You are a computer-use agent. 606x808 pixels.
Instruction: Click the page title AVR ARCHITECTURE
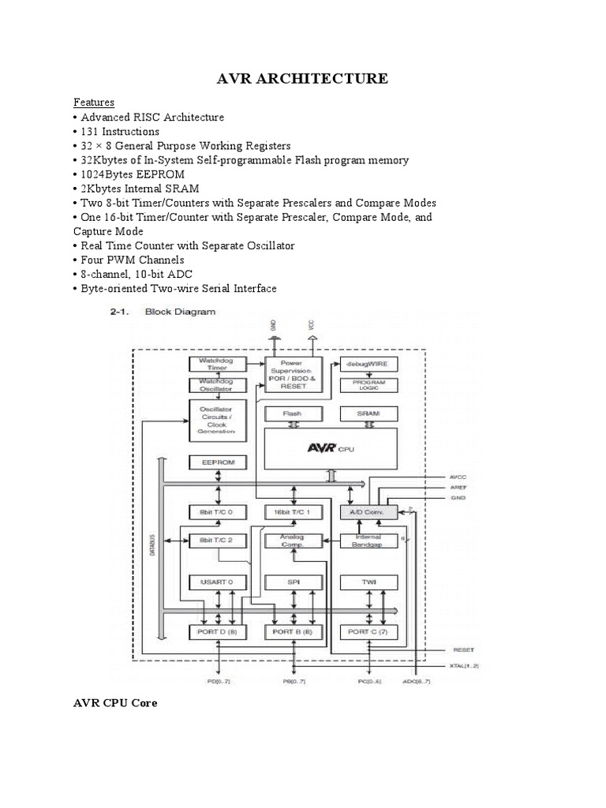click(x=303, y=78)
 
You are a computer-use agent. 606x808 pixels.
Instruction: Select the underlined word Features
click(x=94, y=103)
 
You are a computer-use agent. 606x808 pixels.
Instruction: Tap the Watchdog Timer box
click(x=217, y=365)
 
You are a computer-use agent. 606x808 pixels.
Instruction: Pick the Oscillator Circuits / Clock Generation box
click(x=217, y=420)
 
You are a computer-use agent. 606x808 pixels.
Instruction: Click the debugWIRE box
click(x=368, y=365)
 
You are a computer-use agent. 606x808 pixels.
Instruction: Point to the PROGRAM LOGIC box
click(x=368, y=386)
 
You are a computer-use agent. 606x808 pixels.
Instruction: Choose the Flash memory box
click(x=293, y=413)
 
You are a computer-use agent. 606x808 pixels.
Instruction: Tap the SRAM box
click(x=368, y=413)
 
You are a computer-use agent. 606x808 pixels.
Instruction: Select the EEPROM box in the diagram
click(x=217, y=462)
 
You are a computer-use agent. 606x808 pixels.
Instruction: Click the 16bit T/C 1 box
click(x=293, y=511)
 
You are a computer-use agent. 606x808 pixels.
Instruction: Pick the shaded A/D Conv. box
click(x=368, y=511)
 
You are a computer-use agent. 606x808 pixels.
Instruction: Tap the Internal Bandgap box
click(x=368, y=541)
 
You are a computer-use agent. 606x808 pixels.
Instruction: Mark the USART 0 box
click(x=217, y=583)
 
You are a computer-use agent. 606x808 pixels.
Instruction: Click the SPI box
click(x=293, y=583)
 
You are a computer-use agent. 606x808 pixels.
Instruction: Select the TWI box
click(x=368, y=583)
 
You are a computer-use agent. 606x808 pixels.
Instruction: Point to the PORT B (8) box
click(x=293, y=632)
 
